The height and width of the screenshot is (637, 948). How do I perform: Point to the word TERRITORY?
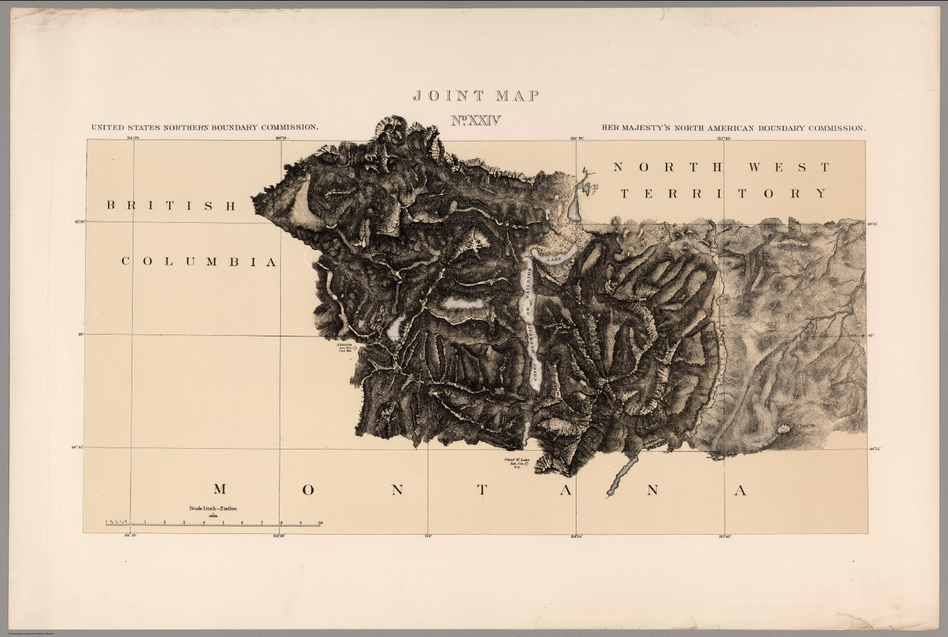723,194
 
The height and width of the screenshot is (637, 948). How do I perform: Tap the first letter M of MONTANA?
220,490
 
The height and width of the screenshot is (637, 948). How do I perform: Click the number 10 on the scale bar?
320,523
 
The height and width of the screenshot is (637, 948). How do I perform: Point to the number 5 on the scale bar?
222,523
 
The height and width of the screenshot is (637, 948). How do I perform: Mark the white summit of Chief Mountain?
786,427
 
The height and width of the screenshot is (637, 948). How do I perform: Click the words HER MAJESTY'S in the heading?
634,128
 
